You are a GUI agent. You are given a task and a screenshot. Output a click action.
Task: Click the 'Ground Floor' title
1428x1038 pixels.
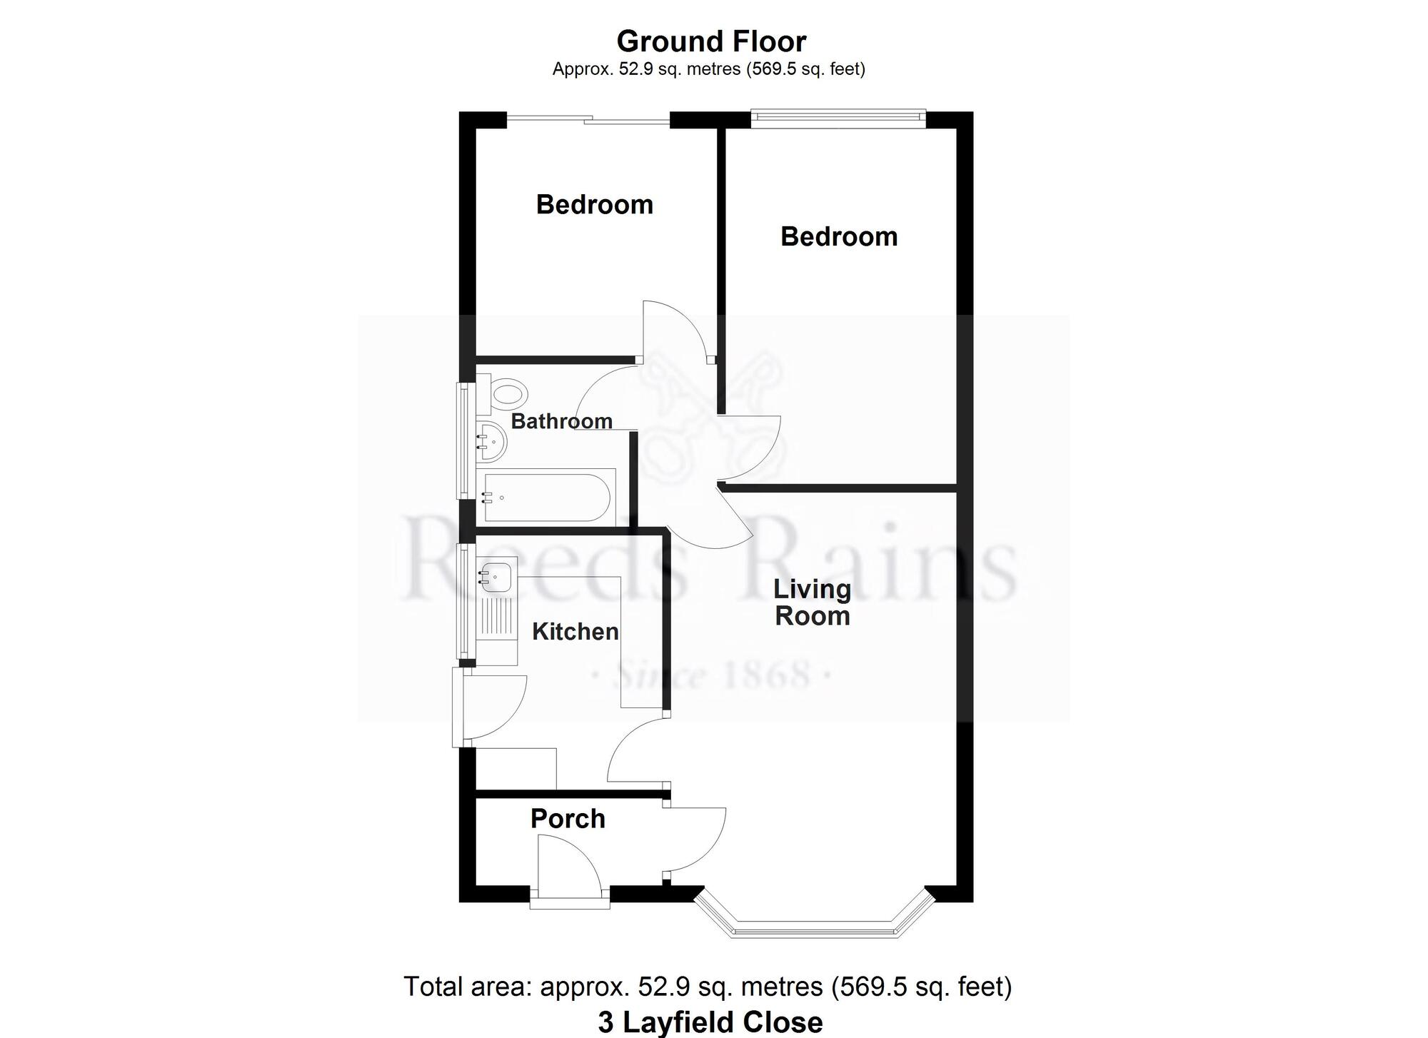click(x=711, y=41)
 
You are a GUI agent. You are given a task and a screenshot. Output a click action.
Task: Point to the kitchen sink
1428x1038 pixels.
click(x=496, y=575)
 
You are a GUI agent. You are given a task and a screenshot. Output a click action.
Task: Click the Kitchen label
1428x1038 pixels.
click(x=575, y=632)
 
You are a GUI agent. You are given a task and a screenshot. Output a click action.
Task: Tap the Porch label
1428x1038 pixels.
click(x=568, y=819)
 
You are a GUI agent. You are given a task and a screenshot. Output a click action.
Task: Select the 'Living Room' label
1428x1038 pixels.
click(x=813, y=603)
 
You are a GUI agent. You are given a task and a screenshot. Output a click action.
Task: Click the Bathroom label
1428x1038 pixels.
click(x=562, y=421)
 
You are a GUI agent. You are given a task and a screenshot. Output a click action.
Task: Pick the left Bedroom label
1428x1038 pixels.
click(x=595, y=205)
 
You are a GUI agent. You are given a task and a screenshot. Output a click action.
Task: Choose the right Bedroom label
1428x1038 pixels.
click(x=839, y=236)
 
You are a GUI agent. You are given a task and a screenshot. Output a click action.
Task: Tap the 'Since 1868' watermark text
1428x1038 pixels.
click(x=711, y=675)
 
